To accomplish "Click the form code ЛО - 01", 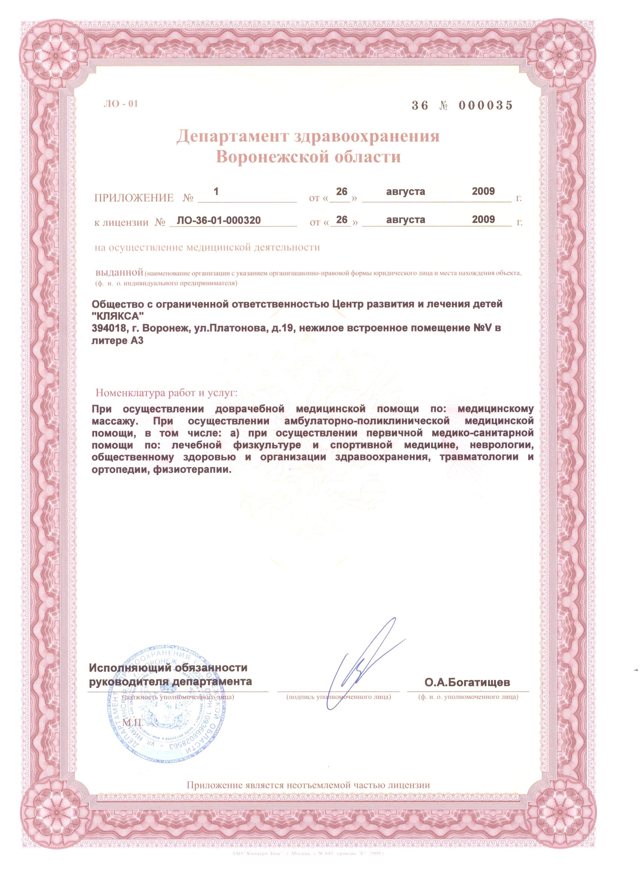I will pos(121,104).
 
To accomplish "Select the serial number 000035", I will pos(486,105).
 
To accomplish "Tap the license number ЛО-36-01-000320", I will pos(218,221).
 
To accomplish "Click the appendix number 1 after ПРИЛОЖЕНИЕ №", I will pos(216,191).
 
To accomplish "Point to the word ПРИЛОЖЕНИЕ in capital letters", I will pos(134,198).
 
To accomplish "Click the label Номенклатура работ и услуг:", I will pos(166,393).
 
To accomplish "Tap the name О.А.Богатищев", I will pos(467,682).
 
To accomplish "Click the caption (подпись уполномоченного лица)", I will pos(338,697).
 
